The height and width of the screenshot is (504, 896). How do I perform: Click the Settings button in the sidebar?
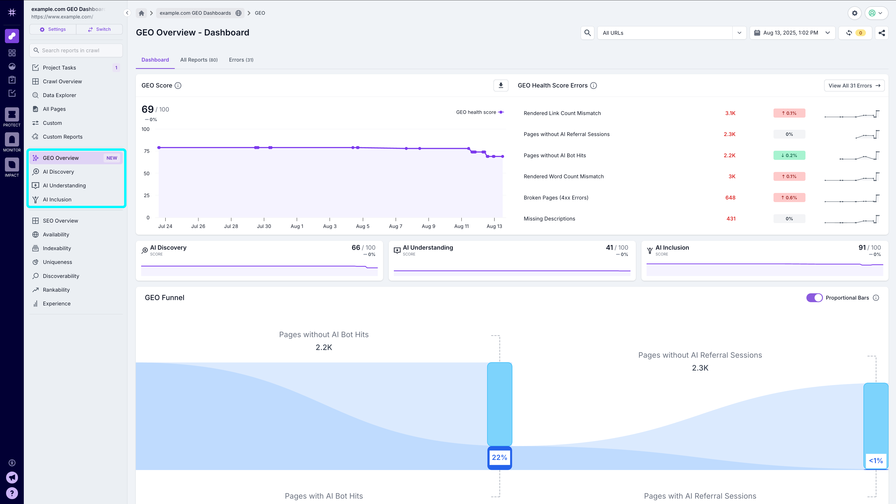pos(53,29)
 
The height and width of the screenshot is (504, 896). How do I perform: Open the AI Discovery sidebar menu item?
pos(58,172)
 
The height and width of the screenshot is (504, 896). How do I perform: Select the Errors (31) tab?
pos(241,60)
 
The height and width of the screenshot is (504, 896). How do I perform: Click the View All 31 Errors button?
pos(854,86)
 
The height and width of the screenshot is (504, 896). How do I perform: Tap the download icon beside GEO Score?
pos(500,85)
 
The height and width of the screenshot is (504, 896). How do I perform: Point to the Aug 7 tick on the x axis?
pos(395,226)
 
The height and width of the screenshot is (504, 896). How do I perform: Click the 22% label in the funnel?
pos(500,457)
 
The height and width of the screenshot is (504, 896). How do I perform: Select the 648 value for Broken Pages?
pos(730,198)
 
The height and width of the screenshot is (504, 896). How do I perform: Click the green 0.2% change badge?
pos(789,155)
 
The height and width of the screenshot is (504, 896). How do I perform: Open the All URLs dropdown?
pos(671,33)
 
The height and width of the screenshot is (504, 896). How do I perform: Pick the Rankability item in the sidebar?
pos(56,290)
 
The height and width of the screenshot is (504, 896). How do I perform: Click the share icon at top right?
pos(881,33)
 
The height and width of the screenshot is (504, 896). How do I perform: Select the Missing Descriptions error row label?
pos(549,219)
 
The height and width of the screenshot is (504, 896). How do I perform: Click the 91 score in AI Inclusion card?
pos(861,248)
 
